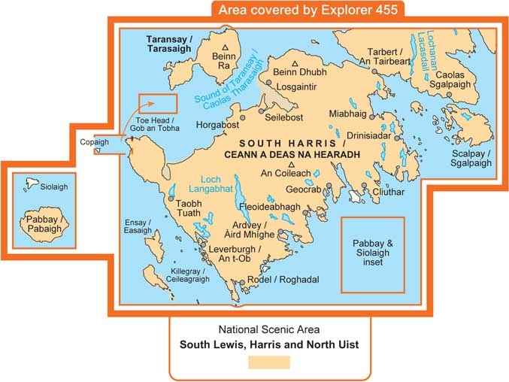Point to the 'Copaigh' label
pos(95,141)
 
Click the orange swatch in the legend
pos(268,362)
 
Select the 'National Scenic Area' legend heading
pos(268,329)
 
